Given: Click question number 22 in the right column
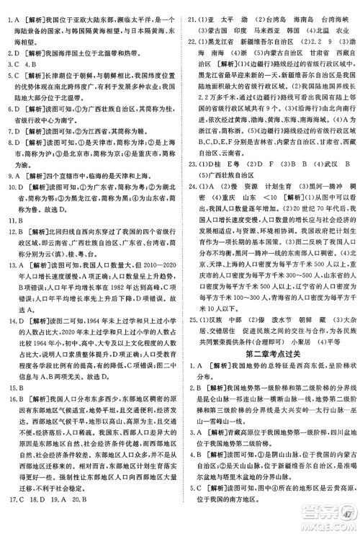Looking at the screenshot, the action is click(191, 61).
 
